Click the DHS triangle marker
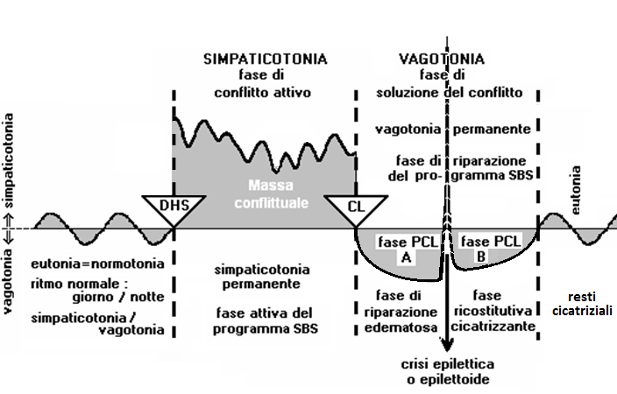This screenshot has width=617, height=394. (174, 208)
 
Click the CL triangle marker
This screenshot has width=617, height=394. (355, 208)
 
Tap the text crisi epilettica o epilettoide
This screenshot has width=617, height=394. (447, 371)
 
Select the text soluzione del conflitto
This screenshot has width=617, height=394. (449, 92)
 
